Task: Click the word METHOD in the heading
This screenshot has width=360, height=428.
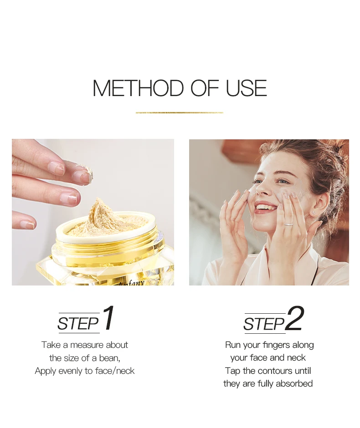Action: (138, 88)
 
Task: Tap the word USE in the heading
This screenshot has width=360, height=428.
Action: (247, 88)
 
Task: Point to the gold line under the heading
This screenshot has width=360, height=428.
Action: (180, 112)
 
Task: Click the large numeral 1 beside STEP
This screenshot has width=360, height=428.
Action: (108, 318)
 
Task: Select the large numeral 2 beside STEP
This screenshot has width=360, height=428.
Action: (294, 318)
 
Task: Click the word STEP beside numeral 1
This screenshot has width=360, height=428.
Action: (78, 324)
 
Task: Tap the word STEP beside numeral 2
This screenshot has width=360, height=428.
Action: (264, 324)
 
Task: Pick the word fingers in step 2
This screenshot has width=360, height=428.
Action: (277, 345)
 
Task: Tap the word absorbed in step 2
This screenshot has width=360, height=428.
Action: (294, 383)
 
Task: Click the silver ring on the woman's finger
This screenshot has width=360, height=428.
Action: (288, 224)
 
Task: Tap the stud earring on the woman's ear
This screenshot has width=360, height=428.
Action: (314, 212)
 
